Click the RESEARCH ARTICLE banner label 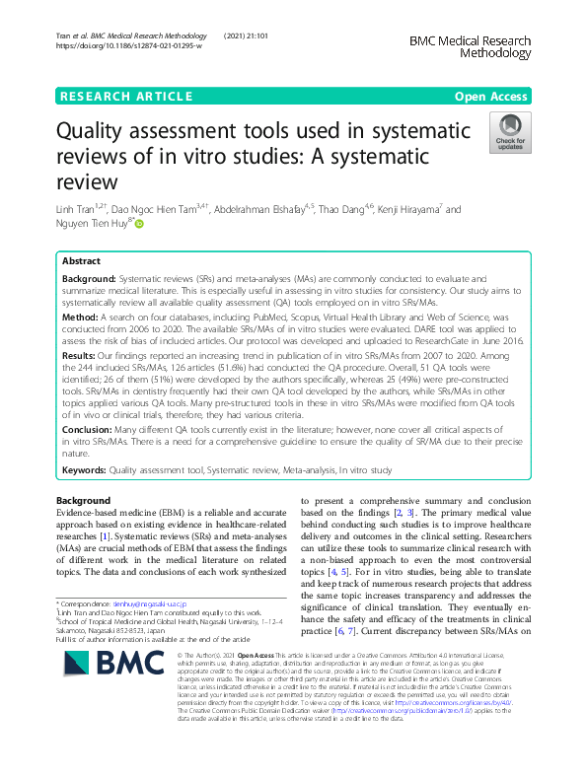(125, 96)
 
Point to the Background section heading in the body (83, 502)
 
